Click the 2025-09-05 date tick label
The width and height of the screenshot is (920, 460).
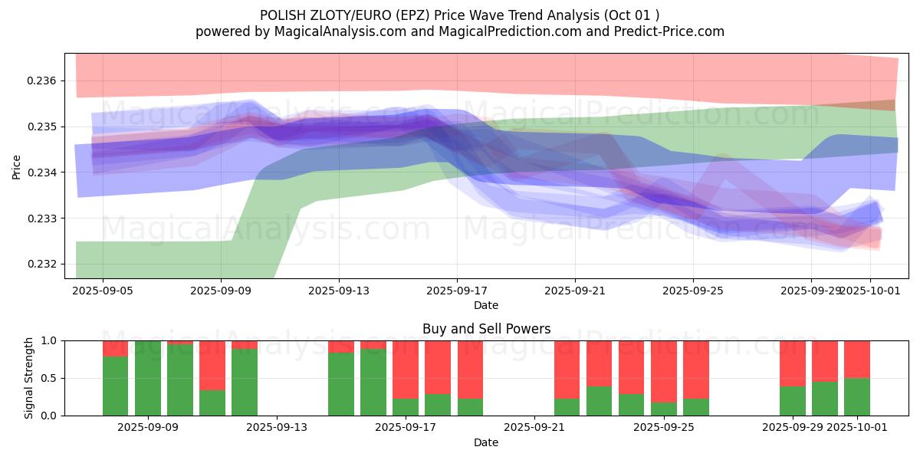(x=103, y=291)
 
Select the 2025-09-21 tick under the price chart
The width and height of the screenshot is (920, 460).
(x=575, y=291)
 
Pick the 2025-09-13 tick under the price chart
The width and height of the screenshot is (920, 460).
(x=339, y=291)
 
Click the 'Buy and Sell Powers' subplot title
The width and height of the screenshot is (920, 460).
(x=486, y=329)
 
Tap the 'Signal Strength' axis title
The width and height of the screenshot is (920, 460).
(x=28, y=378)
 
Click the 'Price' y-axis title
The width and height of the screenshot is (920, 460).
(x=17, y=166)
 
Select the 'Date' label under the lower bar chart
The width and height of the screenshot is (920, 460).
(x=486, y=442)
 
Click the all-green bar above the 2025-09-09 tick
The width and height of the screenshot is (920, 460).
(x=148, y=378)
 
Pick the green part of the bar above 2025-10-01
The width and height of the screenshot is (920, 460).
(x=857, y=397)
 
